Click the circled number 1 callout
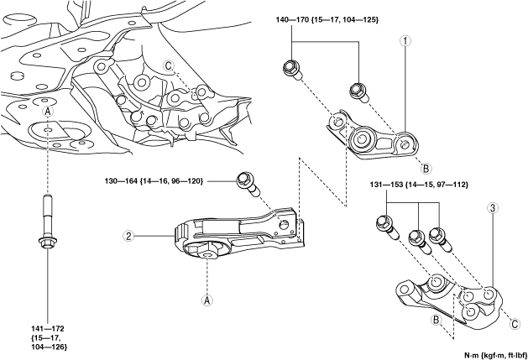coord(405,41)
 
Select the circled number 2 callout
coord(128,236)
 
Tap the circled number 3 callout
coord(493,208)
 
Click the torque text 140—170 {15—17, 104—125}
coord(327,20)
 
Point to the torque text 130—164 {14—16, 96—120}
coord(154,181)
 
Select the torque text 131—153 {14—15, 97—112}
coord(419,185)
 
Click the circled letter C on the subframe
coord(169,66)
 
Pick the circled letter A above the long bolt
coord(48,112)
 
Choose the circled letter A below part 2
coord(207,300)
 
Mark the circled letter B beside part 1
coord(426,168)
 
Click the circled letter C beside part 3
coord(515,324)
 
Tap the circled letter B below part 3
coord(436,319)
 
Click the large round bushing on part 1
coord(361,138)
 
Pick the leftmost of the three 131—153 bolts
coord(386,227)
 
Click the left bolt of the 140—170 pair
coord(292,70)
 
